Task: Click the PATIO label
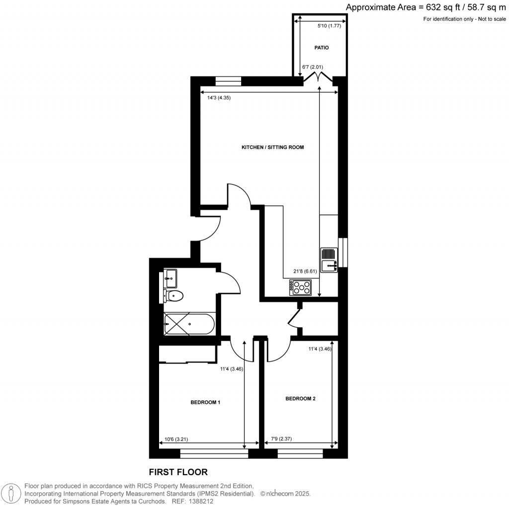coord(322,48)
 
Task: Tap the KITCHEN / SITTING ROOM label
coord(272,148)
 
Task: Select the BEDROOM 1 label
coord(205,403)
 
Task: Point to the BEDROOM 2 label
coord(300,399)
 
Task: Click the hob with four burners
coord(300,287)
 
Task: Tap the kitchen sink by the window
coord(329,260)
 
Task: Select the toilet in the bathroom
coord(173,296)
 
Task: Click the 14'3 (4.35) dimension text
coord(219,98)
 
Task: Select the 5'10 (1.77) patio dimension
coord(329,26)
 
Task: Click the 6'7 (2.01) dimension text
coord(313,67)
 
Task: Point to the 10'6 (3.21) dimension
coord(176,439)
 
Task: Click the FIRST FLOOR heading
coord(178,472)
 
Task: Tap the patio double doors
coord(318,78)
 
